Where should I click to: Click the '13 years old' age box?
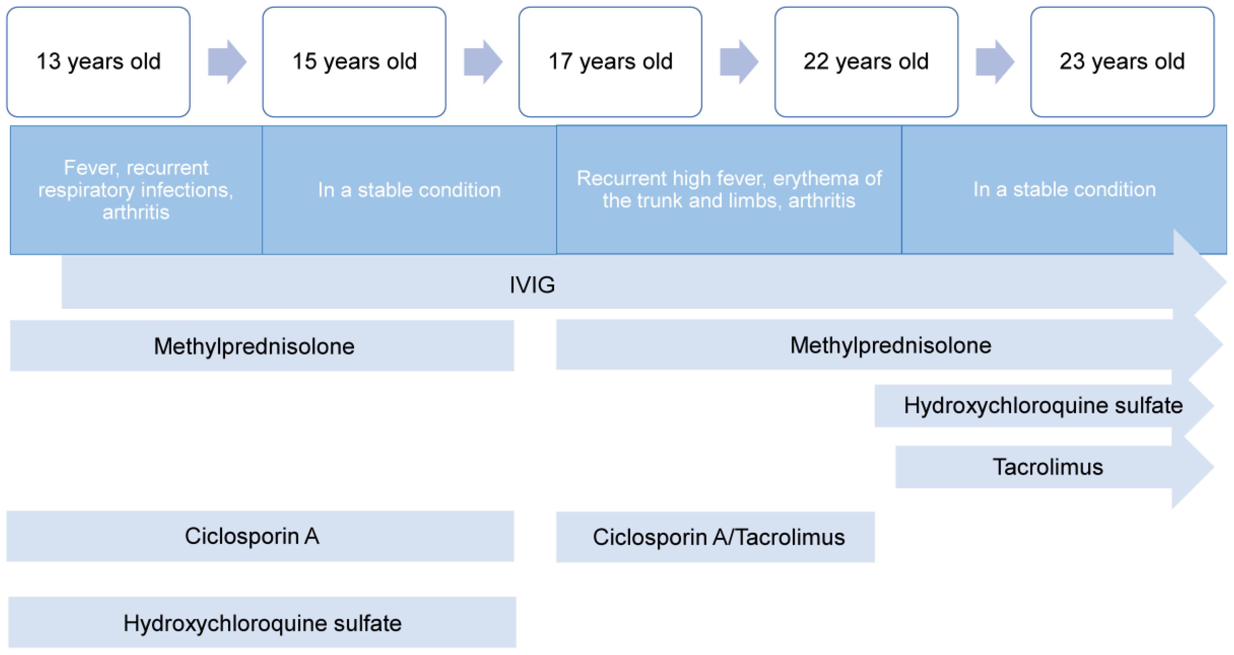(98, 62)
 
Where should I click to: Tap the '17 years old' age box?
(610, 62)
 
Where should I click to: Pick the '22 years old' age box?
(866, 62)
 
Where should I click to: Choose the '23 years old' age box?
(1122, 62)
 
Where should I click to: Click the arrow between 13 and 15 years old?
(227, 62)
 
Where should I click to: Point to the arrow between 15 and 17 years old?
(483, 62)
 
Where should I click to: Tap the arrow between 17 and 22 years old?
(739, 62)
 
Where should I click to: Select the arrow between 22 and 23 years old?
(995, 62)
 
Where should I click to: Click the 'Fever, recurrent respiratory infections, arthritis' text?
(136, 190)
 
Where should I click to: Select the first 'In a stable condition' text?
(409, 190)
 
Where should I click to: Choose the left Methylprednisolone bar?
(262, 346)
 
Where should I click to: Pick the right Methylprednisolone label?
(891, 345)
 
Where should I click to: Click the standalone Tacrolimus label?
(1048, 467)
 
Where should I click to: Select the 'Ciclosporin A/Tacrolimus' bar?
(715, 537)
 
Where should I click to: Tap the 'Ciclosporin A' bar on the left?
(260, 536)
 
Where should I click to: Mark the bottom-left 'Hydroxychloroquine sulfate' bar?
(262, 623)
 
